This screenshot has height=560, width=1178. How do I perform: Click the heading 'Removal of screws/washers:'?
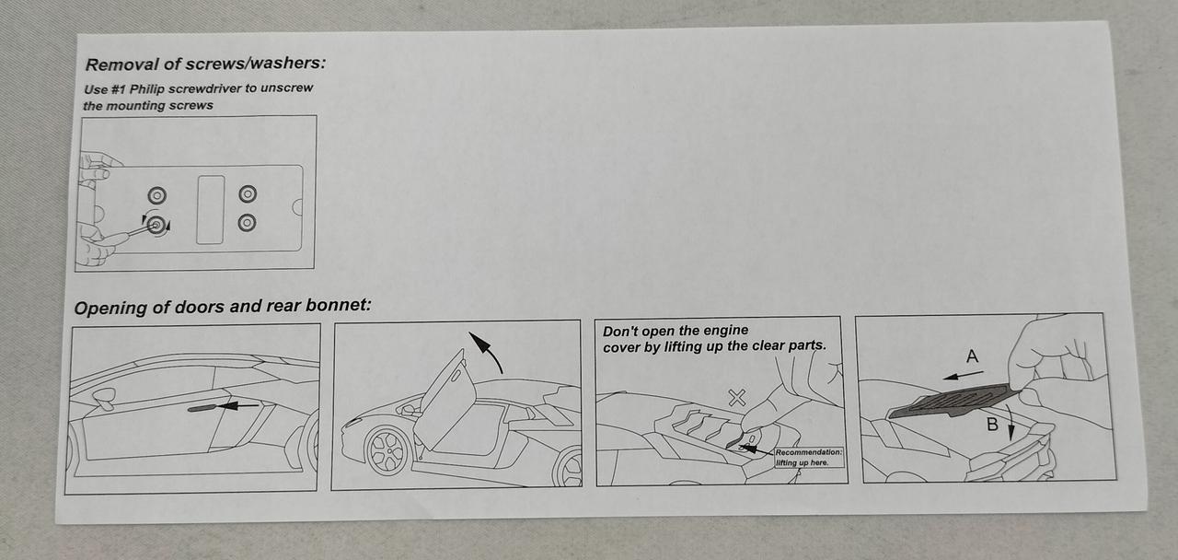pyautogui.click(x=205, y=64)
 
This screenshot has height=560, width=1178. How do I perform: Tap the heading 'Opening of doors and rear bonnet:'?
pyautogui.click(x=223, y=307)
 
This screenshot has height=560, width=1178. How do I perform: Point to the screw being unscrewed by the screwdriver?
pyautogui.click(x=156, y=226)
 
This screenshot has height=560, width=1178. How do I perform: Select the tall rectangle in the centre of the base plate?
pyautogui.click(x=211, y=209)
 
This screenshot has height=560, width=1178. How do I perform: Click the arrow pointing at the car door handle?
pyautogui.click(x=238, y=405)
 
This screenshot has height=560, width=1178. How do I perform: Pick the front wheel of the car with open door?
pyautogui.click(x=389, y=451)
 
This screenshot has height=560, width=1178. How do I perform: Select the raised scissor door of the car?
pyautogui.click(x=445, y=398)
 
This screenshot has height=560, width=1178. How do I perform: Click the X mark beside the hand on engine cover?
pyautogui.click(x=737, y=397)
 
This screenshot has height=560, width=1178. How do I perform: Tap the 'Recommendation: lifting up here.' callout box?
pyautogui.click(x=809, y=458)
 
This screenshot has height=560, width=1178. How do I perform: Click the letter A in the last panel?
pyautogui.click(x=973, y=356)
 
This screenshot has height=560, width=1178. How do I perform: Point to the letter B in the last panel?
pyautogui.click(x=992, y=425)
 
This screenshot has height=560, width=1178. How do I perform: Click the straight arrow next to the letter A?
pyautogui.click(x=963, y=375)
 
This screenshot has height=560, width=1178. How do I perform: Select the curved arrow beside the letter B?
pyautogui.click(x=1009, y=421)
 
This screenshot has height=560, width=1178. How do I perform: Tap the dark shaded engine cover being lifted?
pyautogui.click(x=953, y=401)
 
